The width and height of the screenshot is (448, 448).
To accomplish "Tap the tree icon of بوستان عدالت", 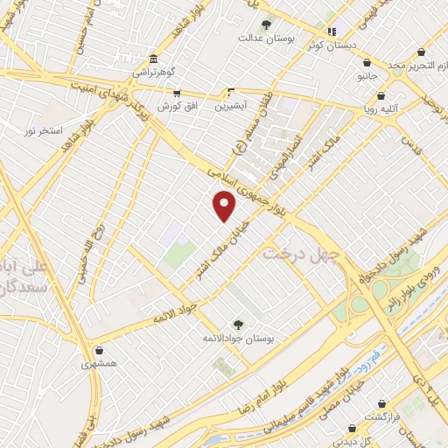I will [266, 25].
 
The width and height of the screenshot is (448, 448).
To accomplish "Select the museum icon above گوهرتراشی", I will [154, 59].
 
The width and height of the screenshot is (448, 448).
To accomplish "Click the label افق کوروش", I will [175, 105].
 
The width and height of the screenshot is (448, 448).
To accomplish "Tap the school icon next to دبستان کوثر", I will [332, 31].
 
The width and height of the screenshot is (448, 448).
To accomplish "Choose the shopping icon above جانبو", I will [367, 64].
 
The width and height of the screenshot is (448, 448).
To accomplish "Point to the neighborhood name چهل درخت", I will [293, 252].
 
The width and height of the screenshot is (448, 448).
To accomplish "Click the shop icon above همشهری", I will [99, 350].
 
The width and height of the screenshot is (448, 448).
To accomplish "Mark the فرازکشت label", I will [381, 416].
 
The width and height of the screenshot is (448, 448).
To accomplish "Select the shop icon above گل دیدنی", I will [352, 429].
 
